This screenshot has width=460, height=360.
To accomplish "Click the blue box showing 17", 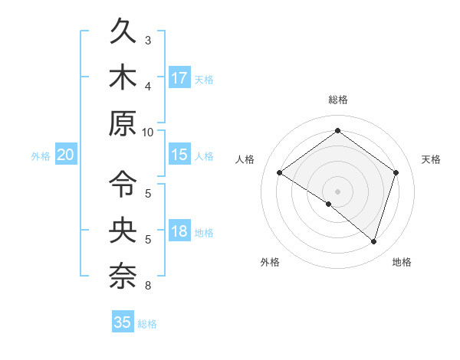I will pos(179,78).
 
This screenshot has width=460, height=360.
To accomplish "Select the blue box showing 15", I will pos(179,155).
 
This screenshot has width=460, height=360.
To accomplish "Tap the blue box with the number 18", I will pos(179,231).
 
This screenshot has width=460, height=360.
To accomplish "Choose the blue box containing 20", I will pos(66,155).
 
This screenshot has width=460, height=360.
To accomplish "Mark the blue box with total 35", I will pos(123,322).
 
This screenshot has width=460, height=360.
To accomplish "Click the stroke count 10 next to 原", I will pos(147,132).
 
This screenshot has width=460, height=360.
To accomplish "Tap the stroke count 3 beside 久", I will pos(148,40).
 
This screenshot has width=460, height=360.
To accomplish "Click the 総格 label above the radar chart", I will pos(337,100).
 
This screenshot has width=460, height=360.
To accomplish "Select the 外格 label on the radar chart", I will pos(270,262).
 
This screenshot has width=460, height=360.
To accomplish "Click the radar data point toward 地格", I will pos(374,241).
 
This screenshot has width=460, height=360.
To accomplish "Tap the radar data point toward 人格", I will pos(279,173).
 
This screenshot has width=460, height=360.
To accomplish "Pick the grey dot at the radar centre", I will pos(337,191).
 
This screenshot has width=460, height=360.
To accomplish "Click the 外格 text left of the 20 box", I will pos(41,156).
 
